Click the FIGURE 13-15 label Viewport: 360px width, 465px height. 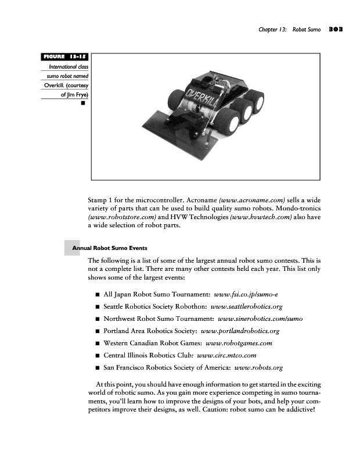pos(64,56)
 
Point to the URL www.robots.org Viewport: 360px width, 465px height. pos(257,368)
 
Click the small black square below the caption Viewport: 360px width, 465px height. pos(84,104)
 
